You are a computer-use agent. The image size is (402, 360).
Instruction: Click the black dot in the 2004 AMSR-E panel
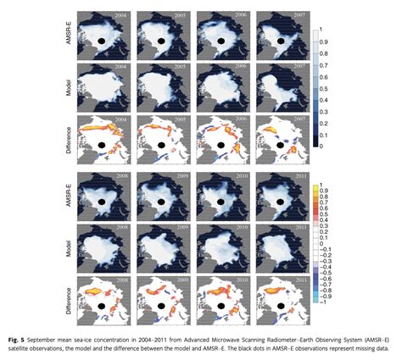[x=101, y=39]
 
